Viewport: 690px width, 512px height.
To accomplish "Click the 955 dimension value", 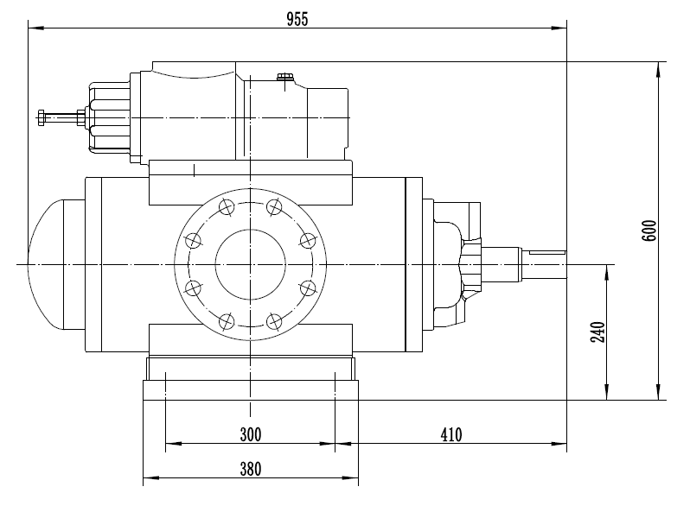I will pos(297,19).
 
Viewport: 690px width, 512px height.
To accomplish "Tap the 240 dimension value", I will pos(597,332).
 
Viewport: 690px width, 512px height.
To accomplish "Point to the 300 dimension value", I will pos(249,433).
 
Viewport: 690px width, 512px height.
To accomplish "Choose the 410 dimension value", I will pos(450,433).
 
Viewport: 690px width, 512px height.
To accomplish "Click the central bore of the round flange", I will pos(250,263).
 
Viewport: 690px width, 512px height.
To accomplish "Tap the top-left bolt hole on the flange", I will pos(227,206).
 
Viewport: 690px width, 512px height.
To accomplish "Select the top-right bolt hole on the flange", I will pos(274,206).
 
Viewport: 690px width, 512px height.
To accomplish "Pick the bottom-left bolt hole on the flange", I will pos(227,321).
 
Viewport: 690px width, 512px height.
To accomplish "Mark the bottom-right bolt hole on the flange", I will pos(274,321).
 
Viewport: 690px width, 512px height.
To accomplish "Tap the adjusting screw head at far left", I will pos(41,117).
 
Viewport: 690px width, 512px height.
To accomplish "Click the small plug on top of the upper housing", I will pos(284,80).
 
